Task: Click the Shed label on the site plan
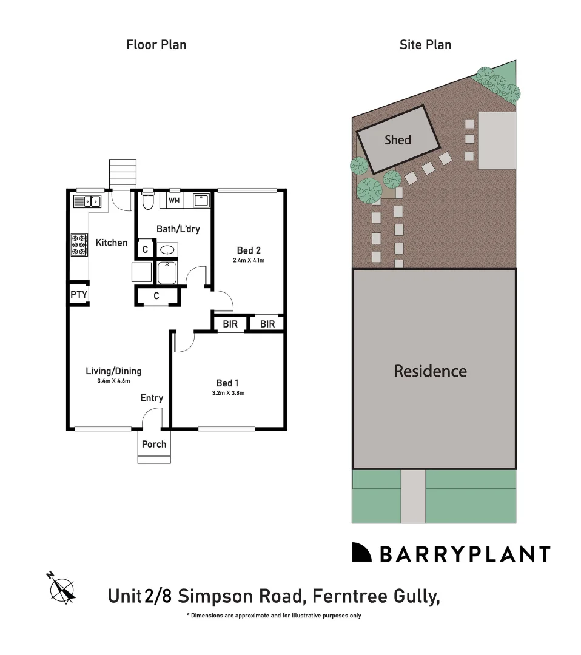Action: (x=398, y=140)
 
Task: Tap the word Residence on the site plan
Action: (x=431, y=371)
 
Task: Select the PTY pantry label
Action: (x=79, y=295)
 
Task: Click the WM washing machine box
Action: (x=174, y=200)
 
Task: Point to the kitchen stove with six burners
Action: (x=79, y=244)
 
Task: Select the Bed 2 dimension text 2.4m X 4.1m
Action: (x=249, y=260)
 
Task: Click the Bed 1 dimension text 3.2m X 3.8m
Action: (x=227, y=393)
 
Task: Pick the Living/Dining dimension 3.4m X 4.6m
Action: (x=113, y=381)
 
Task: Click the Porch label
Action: (x=154, y=444)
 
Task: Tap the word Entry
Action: (x=152, y=398)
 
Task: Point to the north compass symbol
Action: (x=62, y=588)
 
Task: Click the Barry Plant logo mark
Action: (x=361, y=553)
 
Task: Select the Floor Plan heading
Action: (x=156, y=45)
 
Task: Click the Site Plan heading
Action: (x=425, y=45)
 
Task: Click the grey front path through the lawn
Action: (x=413, y=496)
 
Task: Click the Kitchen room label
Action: (x=112, y=243)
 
